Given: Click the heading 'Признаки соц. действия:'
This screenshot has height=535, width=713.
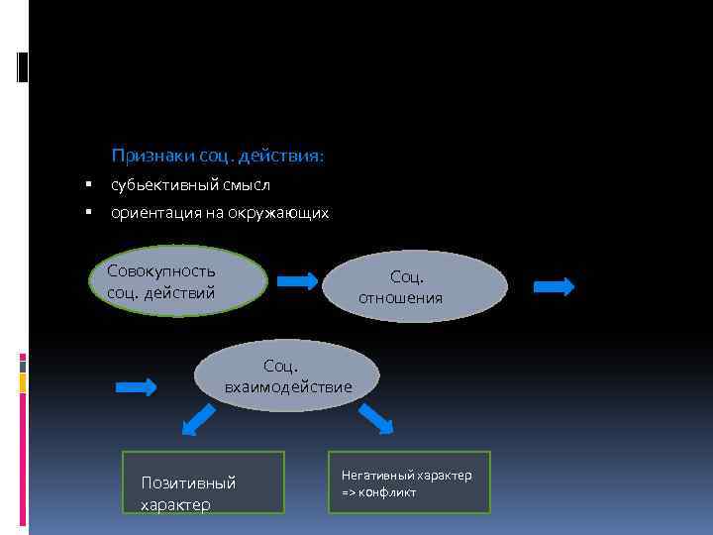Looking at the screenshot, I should point(218,157).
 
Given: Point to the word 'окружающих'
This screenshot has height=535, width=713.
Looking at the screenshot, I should point(281,213).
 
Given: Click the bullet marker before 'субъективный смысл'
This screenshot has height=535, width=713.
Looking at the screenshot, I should point(89,184).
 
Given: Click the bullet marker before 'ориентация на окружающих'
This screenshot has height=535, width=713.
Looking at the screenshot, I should point(89,212).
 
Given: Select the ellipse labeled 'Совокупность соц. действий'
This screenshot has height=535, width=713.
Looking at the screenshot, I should point(178,281).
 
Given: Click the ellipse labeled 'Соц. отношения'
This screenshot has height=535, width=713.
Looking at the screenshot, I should point(415,286).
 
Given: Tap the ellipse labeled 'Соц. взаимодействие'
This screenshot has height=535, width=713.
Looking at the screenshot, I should point(287,375).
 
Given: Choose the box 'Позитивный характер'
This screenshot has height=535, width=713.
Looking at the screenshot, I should point(203,482).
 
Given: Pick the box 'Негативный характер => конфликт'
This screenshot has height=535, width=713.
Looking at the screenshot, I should point(409,482).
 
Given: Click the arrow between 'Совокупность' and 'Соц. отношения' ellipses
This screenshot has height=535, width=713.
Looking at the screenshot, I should point(297,281).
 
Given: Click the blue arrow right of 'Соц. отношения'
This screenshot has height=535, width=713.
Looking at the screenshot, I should point(554,287).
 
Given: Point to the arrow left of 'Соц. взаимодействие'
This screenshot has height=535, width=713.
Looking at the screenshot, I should point(137,386).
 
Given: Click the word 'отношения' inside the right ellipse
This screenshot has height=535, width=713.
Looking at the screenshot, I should point(400,297).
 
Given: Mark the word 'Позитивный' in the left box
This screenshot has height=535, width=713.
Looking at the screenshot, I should point(188,483).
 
